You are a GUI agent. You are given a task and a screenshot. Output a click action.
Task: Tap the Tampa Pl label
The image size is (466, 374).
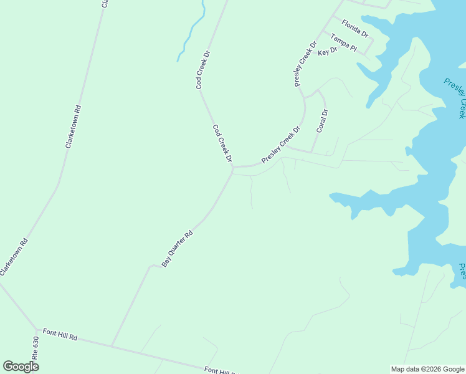pyautogui.click(x=343, y=43)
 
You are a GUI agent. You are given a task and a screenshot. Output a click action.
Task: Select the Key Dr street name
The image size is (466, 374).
pyautogui.click(x=327, y=52)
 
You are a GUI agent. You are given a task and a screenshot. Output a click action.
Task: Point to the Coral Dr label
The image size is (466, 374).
pyautogui.click(x=322, y=121)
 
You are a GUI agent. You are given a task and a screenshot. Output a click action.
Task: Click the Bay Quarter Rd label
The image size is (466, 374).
pyautogui.click(x=178, y=249)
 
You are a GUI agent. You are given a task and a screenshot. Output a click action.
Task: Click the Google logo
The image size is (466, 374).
pyautogui.click(x=21, y=366)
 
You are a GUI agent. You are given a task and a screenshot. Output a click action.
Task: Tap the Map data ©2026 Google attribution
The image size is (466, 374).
pyautogui.click(x=427, y=369)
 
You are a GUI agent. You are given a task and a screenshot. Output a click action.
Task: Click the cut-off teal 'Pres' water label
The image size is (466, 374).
pyautogui.click(x=462, y=272)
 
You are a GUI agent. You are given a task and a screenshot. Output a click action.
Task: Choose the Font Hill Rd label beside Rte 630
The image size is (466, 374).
pyautogui.click(x=60, y=337)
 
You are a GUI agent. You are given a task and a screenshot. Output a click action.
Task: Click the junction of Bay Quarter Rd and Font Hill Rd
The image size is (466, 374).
pyautogui.click(x=112, y=346)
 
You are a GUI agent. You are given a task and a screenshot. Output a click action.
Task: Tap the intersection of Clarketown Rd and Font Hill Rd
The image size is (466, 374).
pyautogui.click(x=37, y=328)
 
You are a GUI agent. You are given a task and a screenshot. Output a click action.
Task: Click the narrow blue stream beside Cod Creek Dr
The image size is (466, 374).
pyautogui.click(x=190, y=34)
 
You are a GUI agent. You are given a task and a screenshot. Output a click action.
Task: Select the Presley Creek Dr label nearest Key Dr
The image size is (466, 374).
pyautogui.click(x=305, y=63)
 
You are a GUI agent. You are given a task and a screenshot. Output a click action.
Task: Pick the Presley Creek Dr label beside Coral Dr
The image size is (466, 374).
pyautogui.click(x=281, y=145)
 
